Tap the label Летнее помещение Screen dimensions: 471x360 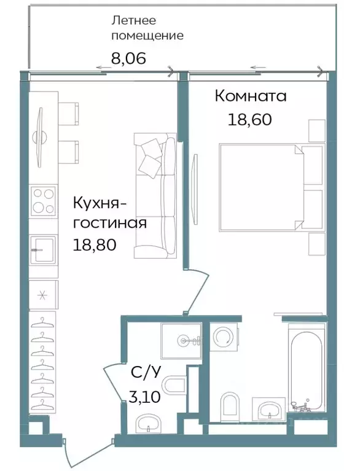147,28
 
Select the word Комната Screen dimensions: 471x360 250,96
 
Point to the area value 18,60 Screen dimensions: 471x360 249,119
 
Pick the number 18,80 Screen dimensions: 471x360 95,245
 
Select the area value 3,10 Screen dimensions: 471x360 144,396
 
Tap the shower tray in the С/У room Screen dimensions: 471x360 181,340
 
